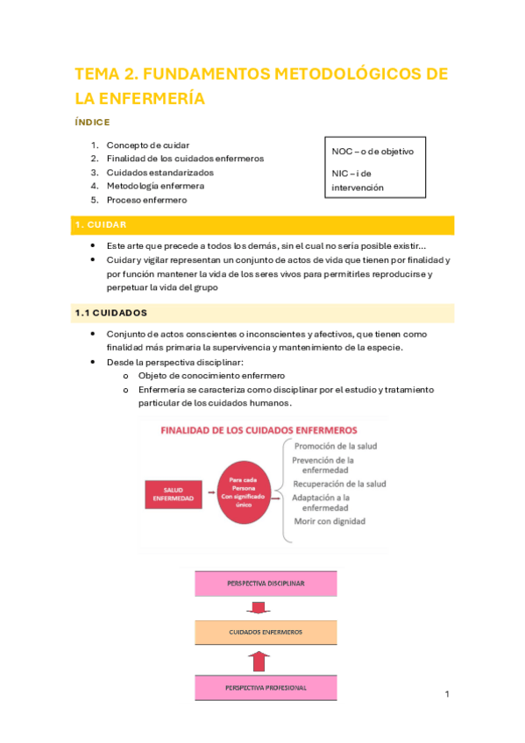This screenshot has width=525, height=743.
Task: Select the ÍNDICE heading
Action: coord(92,123)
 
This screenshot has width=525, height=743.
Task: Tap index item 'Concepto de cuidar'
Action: coord(147,145)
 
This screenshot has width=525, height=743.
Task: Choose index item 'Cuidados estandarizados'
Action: coord(160,173)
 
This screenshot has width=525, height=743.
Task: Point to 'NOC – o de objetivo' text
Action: coord(372,152)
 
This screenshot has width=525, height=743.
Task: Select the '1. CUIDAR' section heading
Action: coord(101,225)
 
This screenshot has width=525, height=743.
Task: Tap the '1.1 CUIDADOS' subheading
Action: coord(109,312)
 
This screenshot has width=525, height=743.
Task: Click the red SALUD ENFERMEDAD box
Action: coord(174,494)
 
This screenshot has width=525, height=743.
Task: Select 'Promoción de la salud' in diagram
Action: coord(336,446)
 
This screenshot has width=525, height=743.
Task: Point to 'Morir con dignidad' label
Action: coord(329,521)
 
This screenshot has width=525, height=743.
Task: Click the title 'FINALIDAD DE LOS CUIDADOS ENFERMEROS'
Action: coord(258,430)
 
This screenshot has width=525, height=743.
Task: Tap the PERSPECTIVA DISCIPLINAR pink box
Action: coord(266,583)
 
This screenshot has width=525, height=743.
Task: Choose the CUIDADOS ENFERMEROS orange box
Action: coord(266,631)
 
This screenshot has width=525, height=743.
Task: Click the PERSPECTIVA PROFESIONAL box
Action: coord(266,688)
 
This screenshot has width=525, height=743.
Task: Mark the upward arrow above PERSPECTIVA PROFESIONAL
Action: coord(256,659)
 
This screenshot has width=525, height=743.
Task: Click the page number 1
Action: coord(447,695)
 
